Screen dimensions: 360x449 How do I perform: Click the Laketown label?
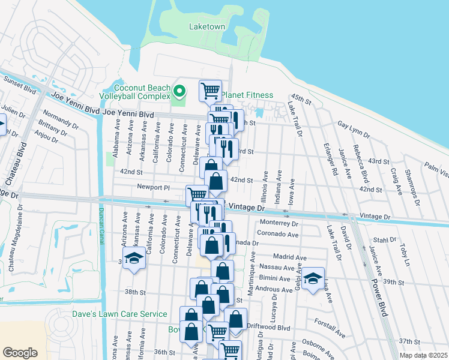tap(207, 26)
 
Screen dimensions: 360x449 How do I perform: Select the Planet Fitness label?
tap(247, 95)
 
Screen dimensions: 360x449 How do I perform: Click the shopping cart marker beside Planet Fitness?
tap(210, 91)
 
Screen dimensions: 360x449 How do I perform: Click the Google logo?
tap(20, 352)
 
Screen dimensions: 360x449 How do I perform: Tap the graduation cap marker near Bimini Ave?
tap(313, 278)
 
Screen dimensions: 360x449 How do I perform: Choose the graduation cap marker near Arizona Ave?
tap(134, 260)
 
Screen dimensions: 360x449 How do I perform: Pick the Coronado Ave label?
tap(277, 234)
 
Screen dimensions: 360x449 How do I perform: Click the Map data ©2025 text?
tap(424, 355)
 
